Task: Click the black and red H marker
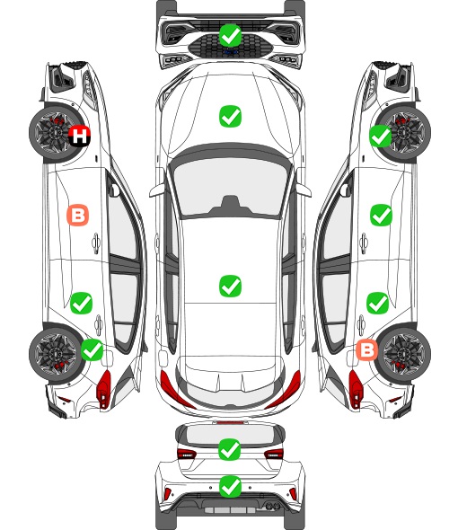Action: point(80,136)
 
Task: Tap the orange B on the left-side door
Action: point(78,215)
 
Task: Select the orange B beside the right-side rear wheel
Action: point(367,349)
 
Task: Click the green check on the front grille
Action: point(230,35)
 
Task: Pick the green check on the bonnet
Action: point(230,117)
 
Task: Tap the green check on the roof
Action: point(230,286)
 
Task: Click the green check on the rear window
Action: point(230,449)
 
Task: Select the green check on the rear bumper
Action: point(230,487)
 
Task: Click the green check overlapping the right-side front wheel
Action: point(380,136)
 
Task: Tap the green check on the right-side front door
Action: point(382,215)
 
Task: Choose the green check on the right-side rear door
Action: point(378,304)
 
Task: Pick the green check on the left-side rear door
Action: point(81,304)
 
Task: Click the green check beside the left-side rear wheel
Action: point(92,349)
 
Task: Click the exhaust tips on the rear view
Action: point(271,506)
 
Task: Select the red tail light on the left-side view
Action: point(104,388)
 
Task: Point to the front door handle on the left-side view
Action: point(96,243)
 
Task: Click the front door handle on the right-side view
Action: point(364,243)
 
